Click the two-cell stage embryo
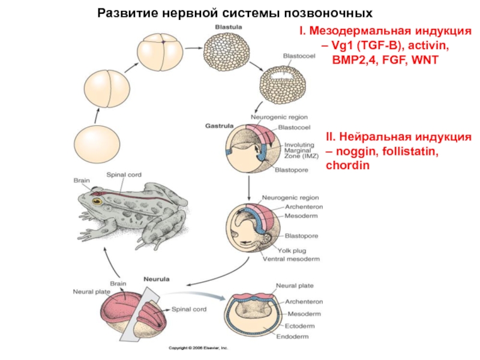click(x=109, y=88)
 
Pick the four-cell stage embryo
click(x=158, y=53)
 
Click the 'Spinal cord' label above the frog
click(x=124, y=175)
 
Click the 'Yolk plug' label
click(x=291, y=250)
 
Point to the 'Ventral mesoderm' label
click(x=292, y=259)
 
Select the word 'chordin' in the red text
click(x=346, y=164)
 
